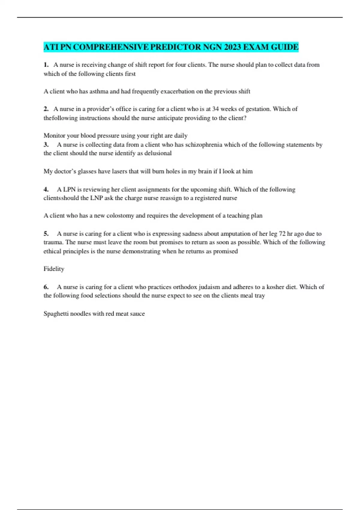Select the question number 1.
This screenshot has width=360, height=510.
[x=46, y=65]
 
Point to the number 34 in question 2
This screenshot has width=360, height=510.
[x=216, y=109]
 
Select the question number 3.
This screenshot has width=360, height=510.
[x=46, y=145]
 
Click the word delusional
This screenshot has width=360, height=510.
[x=158, y=153]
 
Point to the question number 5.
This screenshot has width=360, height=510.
[x=46, y=234]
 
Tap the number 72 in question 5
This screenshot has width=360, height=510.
[x=282, y=234]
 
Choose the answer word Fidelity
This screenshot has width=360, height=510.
[x=54, y=269]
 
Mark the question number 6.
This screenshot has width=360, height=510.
[x=46, y=287]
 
